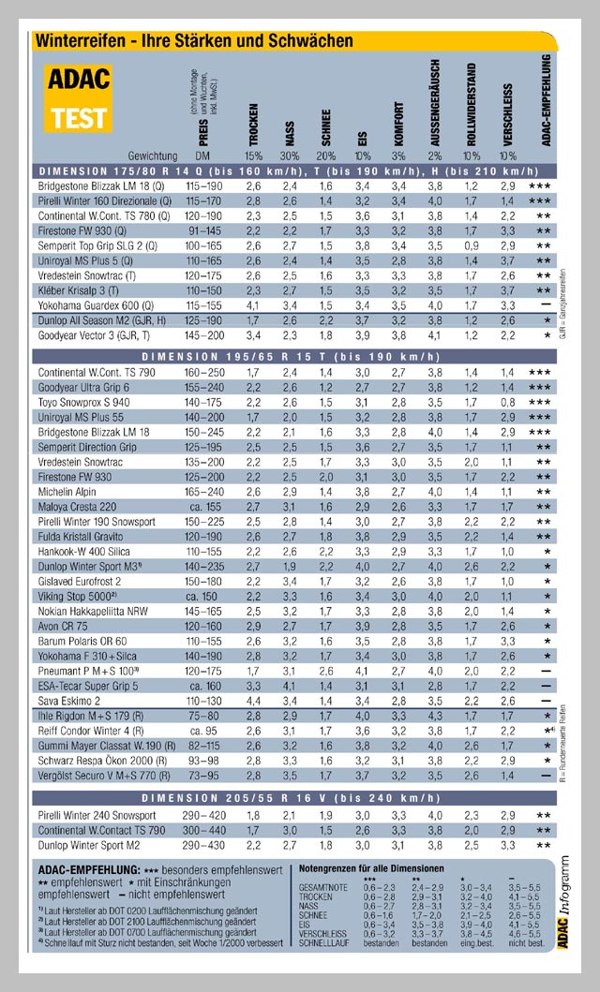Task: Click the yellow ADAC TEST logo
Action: [x=79, y=97]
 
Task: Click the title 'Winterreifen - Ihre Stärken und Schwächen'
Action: [x=193, y=40]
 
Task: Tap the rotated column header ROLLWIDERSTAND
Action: [x=472, y=103]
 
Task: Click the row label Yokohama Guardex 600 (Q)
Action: [x=90, y=305]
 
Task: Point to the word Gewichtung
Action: [x=152, y=155]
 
